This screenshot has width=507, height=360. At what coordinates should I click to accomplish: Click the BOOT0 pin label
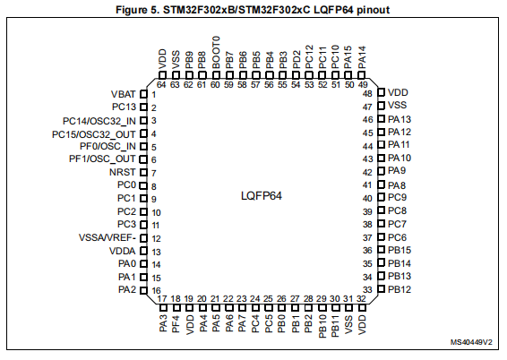216,52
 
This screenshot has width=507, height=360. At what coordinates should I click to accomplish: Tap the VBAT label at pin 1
124,94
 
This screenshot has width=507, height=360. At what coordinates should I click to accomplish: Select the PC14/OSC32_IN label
99,121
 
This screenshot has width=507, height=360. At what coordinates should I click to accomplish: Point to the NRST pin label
122,172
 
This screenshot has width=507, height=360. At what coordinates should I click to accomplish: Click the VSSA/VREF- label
107,238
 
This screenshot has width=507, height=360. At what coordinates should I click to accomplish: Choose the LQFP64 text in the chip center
262,196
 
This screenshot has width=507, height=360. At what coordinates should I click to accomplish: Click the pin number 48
367,94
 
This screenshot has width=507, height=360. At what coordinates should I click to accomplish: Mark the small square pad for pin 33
382,288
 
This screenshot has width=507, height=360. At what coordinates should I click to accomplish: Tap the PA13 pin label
400,119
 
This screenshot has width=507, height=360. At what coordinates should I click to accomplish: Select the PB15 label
400,250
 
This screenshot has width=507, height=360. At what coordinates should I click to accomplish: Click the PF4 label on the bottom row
176,324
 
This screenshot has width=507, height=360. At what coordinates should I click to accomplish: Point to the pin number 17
162,298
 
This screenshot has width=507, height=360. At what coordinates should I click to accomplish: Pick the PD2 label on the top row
296,59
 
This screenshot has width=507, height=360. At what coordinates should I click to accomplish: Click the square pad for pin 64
162,75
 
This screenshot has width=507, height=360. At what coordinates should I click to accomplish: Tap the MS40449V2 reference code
471,342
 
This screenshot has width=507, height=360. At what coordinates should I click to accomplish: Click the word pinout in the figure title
374,10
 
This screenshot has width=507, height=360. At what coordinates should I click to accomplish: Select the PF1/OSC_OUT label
102,159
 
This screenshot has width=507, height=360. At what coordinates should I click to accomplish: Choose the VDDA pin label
122,251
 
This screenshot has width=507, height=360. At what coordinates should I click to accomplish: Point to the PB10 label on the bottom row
322,326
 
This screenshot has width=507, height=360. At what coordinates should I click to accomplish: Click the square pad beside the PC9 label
382,197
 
